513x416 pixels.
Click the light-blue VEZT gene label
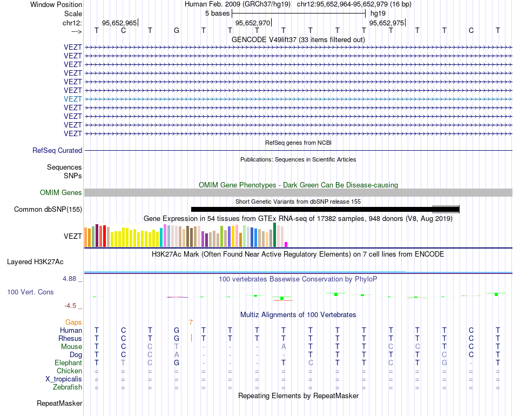(x=73, y=99)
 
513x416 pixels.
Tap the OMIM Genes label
(x=61, y=193)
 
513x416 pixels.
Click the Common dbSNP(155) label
(x=48, y=210)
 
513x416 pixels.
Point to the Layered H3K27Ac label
(x=35, y=262)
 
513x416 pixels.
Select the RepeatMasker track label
(x=59, y=404)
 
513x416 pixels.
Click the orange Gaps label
(x=73, y=323)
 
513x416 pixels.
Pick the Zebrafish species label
(x=67, y=387)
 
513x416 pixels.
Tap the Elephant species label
(x=68, y=363)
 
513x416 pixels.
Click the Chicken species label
(x=70, y=371)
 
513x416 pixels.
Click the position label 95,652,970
(x=253, y=23)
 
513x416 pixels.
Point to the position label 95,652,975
(x=386, y=23)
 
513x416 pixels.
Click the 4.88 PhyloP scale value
(x=70, y=279)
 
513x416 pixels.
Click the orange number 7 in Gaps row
(x=191, y=323)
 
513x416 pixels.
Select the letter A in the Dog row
(x=177, y=355)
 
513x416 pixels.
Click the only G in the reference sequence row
(x=177, y=30)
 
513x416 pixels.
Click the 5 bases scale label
(x=217, y=13)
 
